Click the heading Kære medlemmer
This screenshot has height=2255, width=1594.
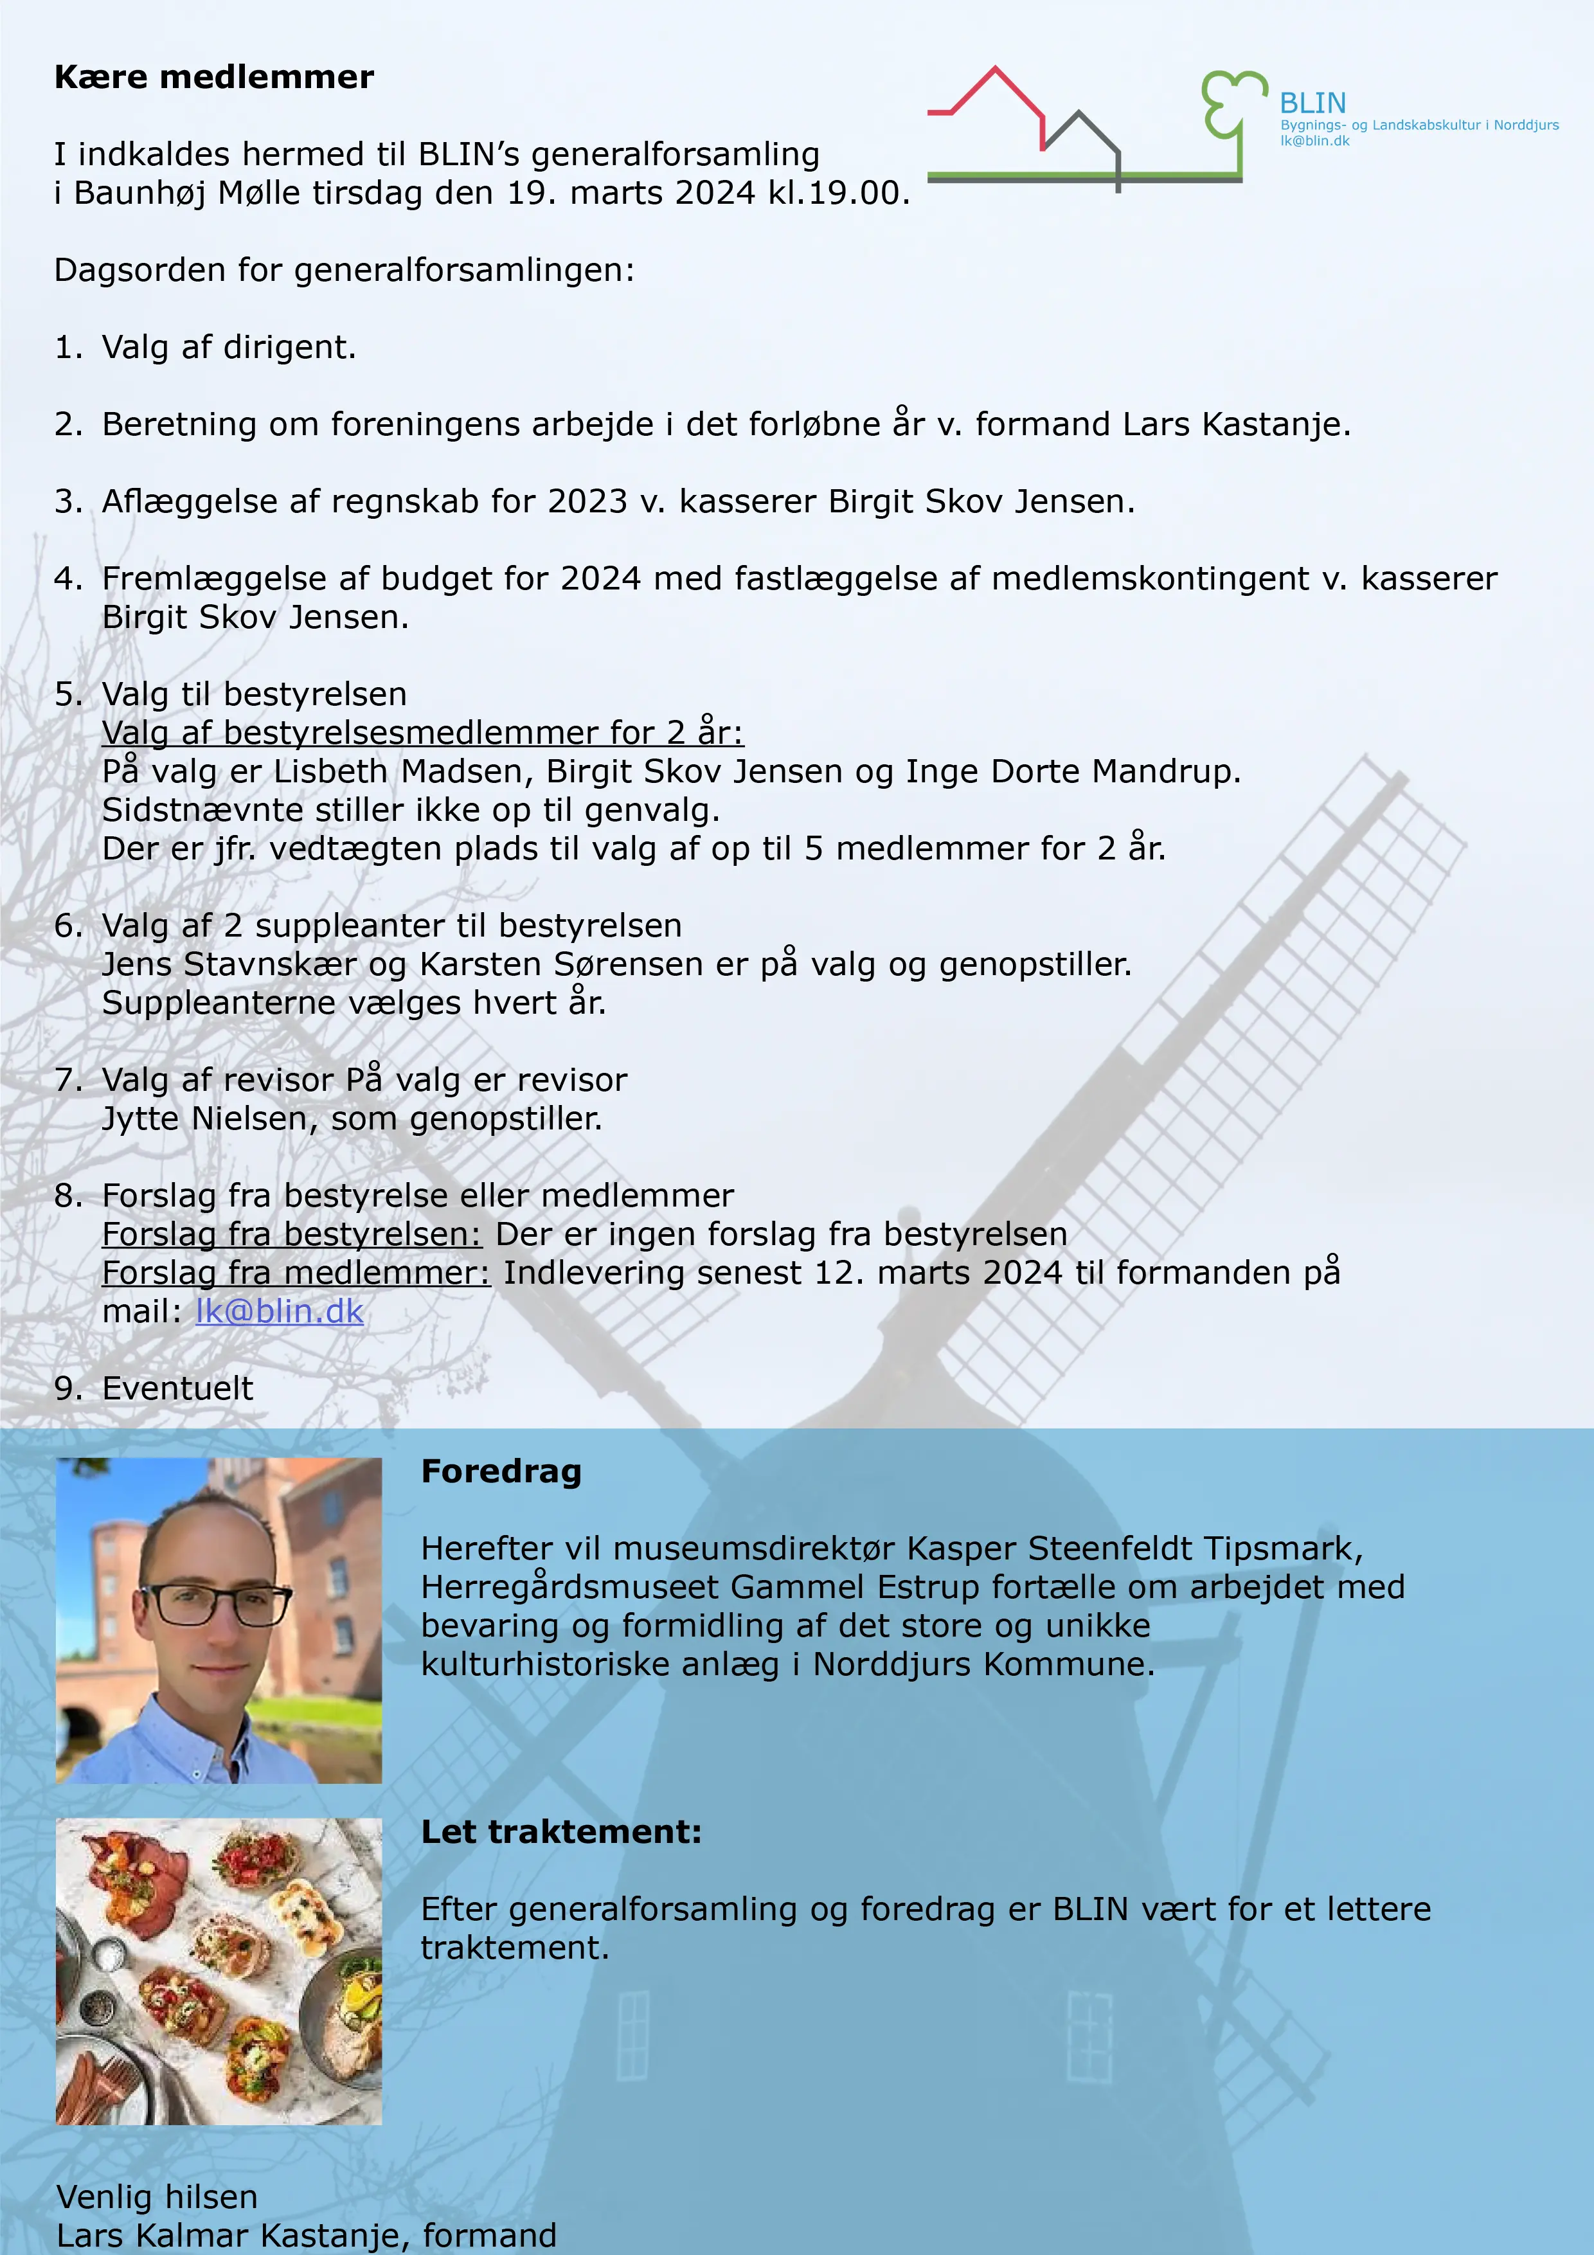[214, 78]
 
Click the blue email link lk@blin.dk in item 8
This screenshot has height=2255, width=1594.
[279, 1311]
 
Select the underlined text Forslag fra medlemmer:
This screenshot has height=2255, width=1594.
[296, 1273]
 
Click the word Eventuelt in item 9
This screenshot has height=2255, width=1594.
[178, 1388]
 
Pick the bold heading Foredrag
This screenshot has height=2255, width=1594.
[501, 1471]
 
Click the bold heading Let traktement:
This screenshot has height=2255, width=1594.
[561, 1831]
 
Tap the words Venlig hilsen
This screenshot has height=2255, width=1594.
[157, 2196]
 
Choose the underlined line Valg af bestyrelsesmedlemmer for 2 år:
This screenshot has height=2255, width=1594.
[422, 733]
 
